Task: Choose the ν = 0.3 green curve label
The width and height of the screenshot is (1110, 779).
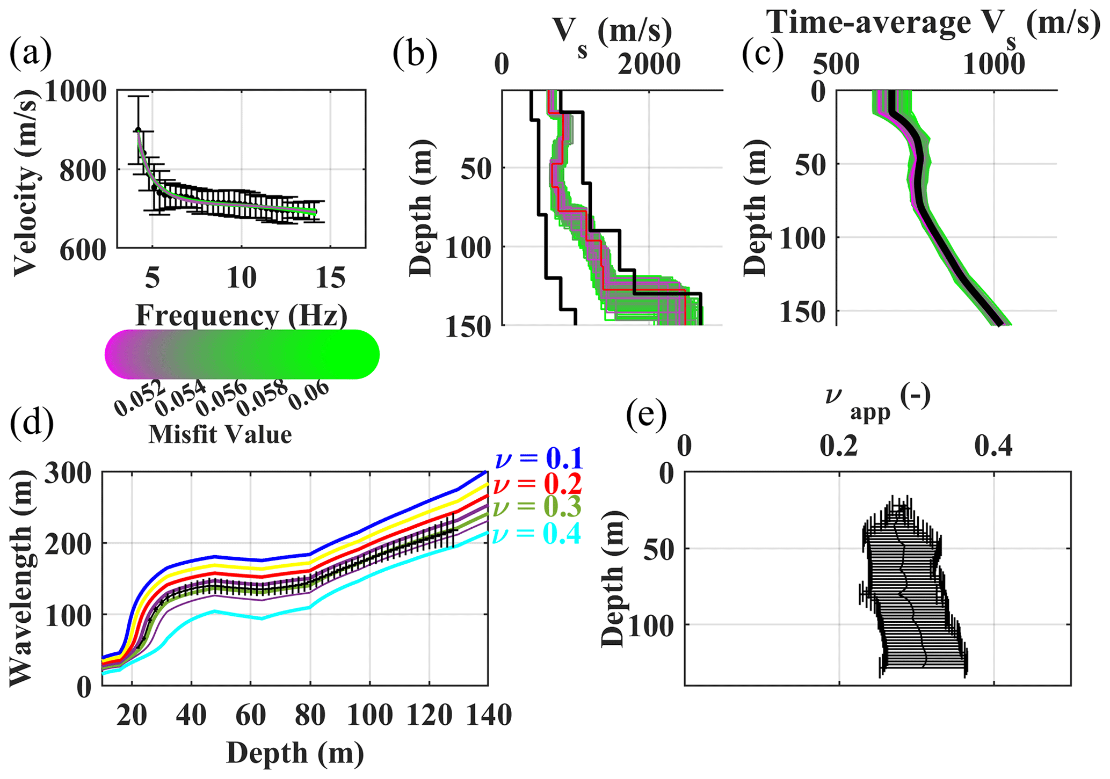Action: [538, 508]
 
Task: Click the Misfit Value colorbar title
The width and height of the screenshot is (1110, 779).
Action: [220, 434]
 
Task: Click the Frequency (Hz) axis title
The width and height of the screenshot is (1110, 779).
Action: [241, 316]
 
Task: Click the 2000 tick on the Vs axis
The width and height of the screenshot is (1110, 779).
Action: [649, 64]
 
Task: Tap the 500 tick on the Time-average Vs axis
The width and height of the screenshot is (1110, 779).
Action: [836, 64]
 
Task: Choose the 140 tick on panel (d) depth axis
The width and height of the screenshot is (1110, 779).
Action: [487, 716]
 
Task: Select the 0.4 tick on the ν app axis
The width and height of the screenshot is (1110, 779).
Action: [993, 446]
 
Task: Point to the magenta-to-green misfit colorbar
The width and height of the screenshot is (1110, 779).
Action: [242, 354]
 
